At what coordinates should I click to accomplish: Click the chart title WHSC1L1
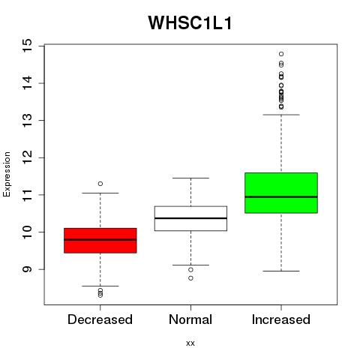pyautogui.click(x=190, y=23)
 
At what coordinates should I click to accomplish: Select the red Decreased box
pyautogui.click(x=100, y=241)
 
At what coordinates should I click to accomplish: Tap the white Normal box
pyautogui.click(x=190, y=218)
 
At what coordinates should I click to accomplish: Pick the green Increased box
pyautogui.click(x=281, y=193)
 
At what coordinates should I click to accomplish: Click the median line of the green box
pyautogui.click(x=281, y=197)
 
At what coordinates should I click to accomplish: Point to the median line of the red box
pyautogui.click(x=100, y=239)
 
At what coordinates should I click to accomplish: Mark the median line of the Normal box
pyautogui.click(x=190, y=218)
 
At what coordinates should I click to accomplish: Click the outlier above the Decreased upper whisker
pyautogui.click(x=100, y=184)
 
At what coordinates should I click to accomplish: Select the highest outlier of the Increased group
pyautogui.click(x=281, y=54)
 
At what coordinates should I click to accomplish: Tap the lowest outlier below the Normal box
pyautogui.click(x=190, y=278)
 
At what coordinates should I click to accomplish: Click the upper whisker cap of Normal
pyautogui.click(x=190, y=178)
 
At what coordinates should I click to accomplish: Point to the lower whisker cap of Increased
pyautogui.click(x=281, y=271)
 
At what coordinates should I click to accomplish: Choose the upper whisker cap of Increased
pyautogui.click(x=281, y=115)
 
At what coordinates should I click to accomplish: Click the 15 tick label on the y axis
pyautogui.click(x=28, y=46)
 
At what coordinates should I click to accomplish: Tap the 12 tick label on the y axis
pyautogui.click(x=28, y=157)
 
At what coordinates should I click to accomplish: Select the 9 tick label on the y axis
pyautogui.click(x=28, y=269)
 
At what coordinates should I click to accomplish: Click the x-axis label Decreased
pyautogui.click(x=100, y=319)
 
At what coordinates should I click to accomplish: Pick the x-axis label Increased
pyautogui.click(x=281, y=319)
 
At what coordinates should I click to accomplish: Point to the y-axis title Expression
pyautogui.click(x=7, y=174)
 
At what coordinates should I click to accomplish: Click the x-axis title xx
pyautogui.click(x=190, y=343)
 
